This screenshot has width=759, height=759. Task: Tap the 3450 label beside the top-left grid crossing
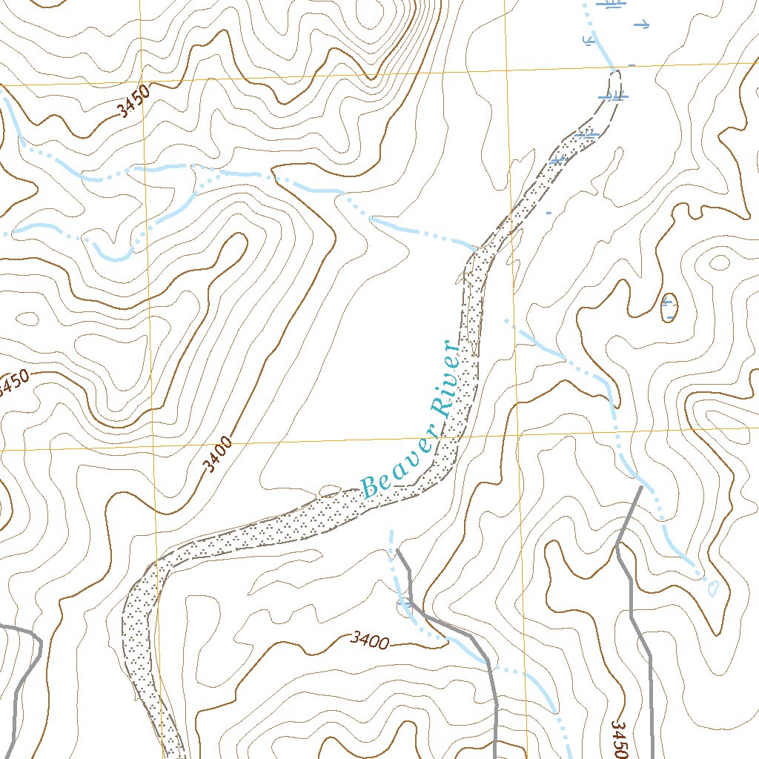point(133,100)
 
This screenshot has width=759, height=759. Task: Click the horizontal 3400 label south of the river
point(370,640)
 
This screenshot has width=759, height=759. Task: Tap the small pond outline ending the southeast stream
point(713,589)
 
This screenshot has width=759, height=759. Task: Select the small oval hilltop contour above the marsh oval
point(719,262)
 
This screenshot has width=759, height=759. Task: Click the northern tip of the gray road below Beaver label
point(398,550)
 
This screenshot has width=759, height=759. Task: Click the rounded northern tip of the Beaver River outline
point(616,72)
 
